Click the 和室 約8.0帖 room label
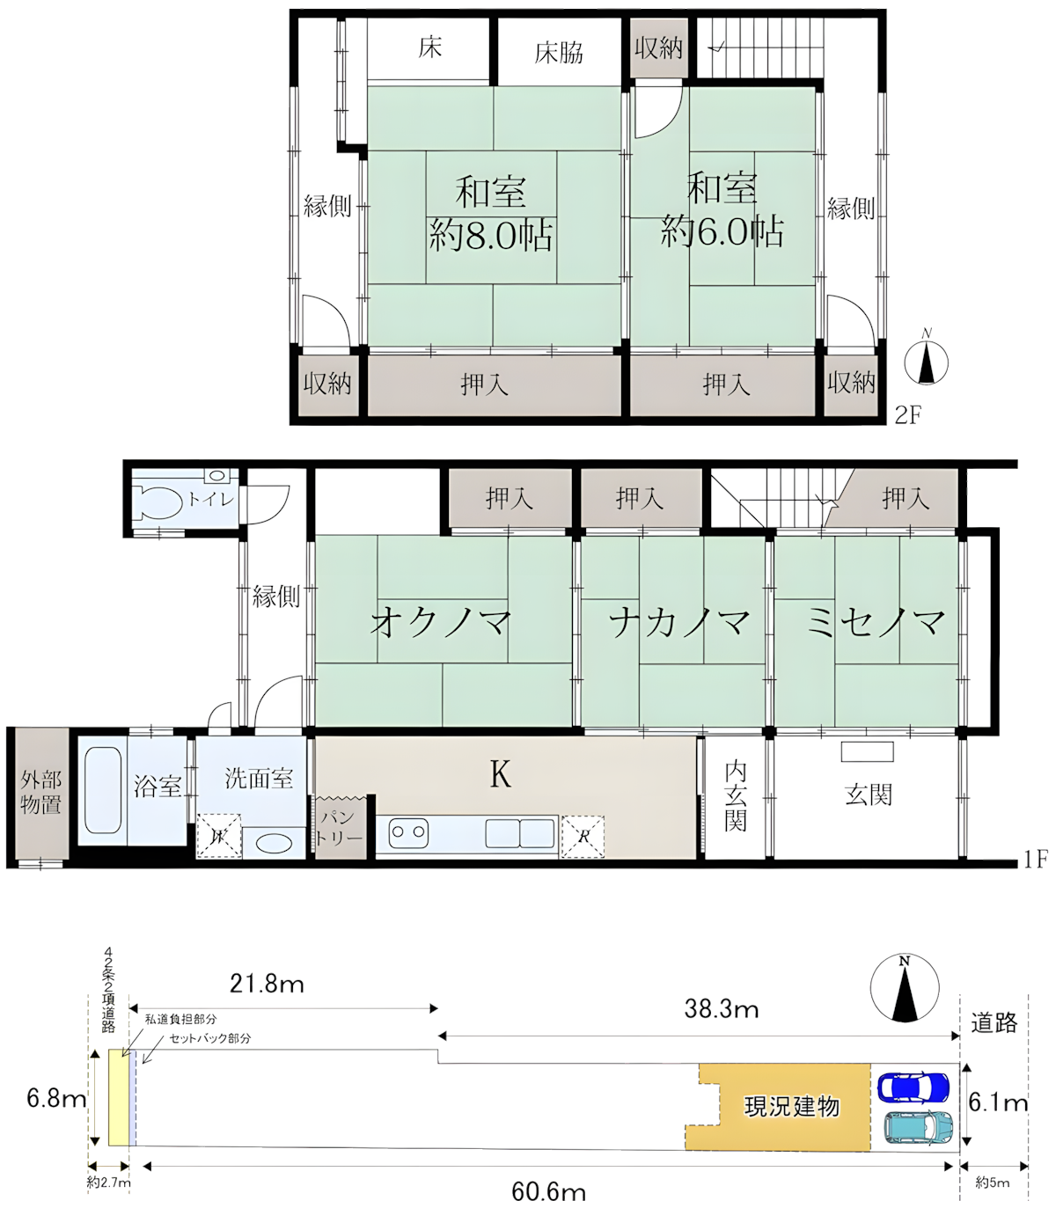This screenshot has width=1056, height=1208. click(x=491, y=214)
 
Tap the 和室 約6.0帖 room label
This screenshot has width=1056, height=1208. click(x=722, y=211)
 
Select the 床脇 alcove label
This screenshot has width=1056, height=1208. click(x=559, y=53)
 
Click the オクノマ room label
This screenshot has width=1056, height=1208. click(x=441, y=622)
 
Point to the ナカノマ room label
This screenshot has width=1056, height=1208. click(x=679, y=622)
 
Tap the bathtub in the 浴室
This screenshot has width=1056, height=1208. click(x=102, y=789)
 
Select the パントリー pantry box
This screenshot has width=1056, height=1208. click(x=340, y=828)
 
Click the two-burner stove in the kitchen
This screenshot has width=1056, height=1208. click(x=408, y=830)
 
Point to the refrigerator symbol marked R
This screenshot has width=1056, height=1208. click(x=583, y=835)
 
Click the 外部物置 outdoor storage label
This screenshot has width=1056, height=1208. click(x=40, y=792)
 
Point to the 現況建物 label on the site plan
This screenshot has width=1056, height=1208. click(x=792, y=1106)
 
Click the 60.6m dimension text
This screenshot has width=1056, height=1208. click(x=549, y=1192)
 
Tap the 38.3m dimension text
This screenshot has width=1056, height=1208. click(x=722, y=1009)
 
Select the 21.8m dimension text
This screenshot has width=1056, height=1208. click(x=267, y=984)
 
